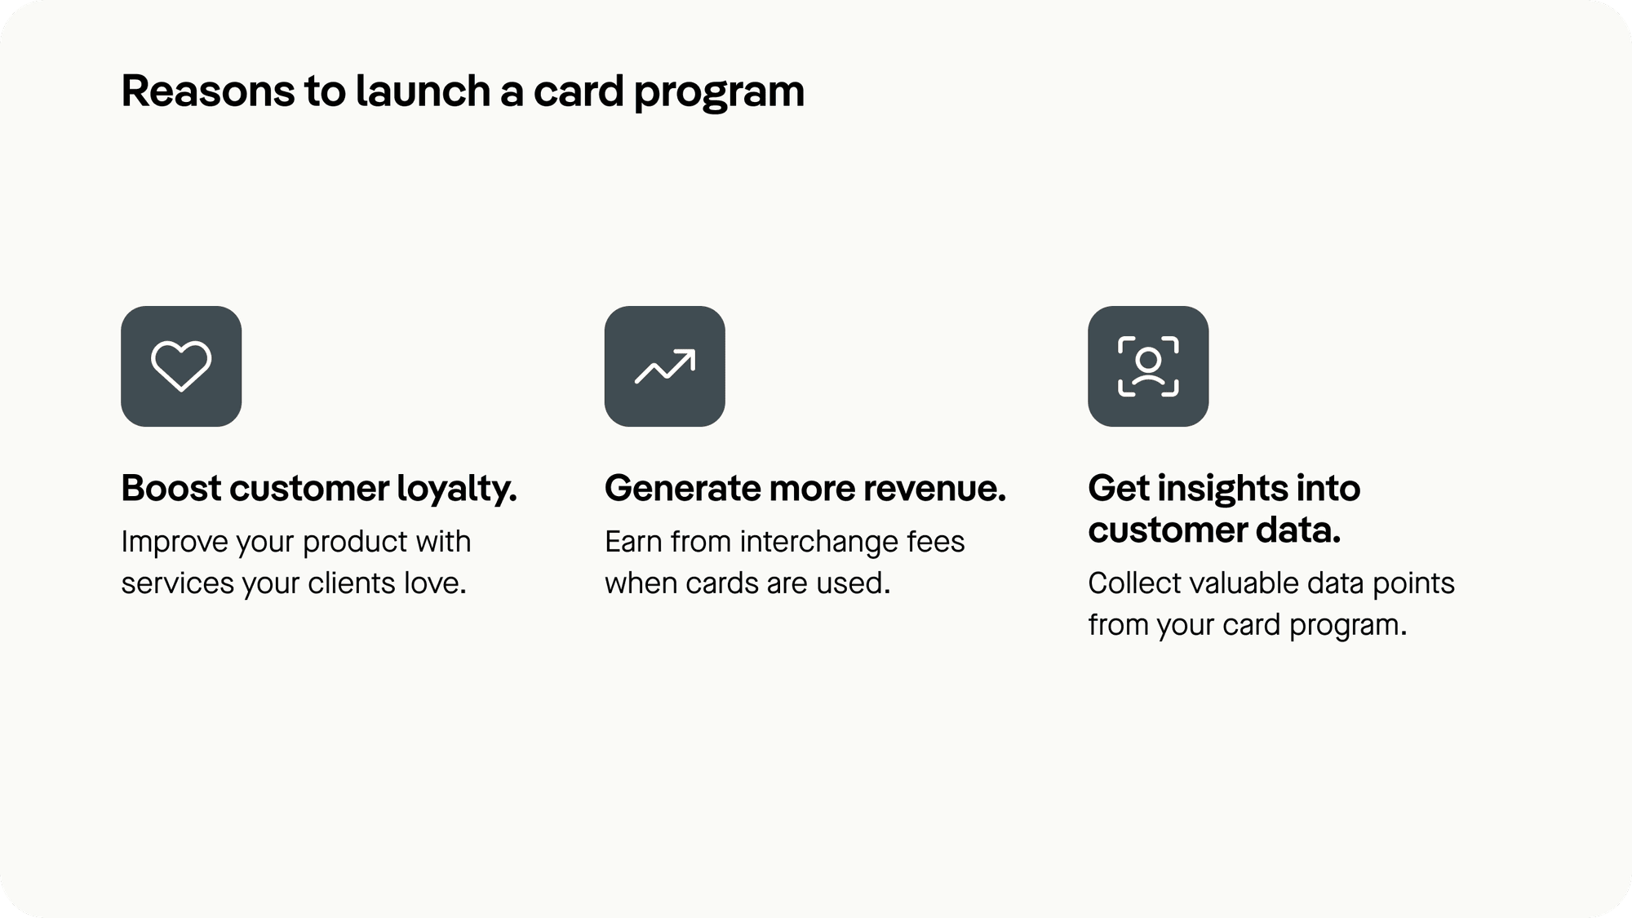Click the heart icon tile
click(181, 366)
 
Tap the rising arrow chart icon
click(664, 366)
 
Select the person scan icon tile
click(1147, 366)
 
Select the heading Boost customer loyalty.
click(319, 489)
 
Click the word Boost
click(171, 489)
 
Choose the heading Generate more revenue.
click(805, 489)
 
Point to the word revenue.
click(934, 489)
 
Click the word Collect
click(1134, 583)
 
